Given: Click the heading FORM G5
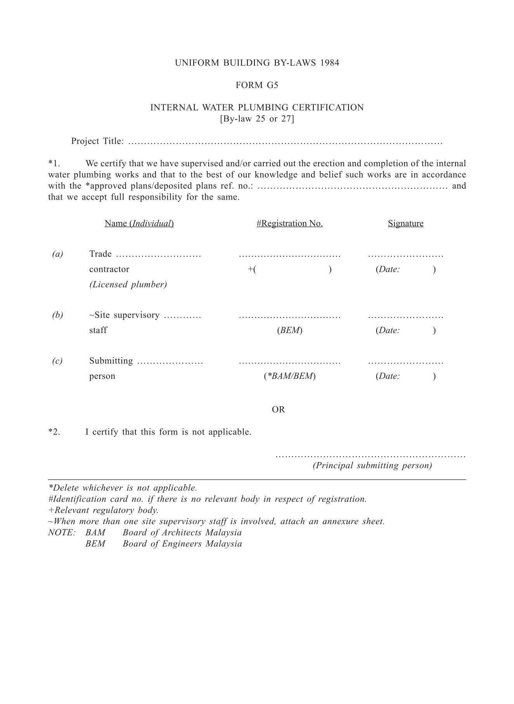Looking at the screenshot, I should tap(257, 85).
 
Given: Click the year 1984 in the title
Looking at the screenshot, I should tap(330, 63).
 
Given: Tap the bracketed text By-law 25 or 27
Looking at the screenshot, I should tap(257, 119).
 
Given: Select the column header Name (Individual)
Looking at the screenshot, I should tap(139, 223).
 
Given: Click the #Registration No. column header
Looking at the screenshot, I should tap(289, 223).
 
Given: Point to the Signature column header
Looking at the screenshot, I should tap(405, 223).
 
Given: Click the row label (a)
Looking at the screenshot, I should tap(57, 254).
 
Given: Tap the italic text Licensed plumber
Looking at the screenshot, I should tap(128, 285).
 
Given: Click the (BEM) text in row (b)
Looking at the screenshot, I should tap(289, 330).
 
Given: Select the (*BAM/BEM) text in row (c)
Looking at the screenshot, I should tap(289, 376).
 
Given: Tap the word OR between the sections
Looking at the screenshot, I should tap(278, 409).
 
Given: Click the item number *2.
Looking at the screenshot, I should tap(54, 432).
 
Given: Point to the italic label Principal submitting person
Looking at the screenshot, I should tap(372, 466).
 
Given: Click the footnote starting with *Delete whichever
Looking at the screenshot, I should tap(123, 488).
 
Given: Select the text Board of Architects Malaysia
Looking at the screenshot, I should tap(182, 533).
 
